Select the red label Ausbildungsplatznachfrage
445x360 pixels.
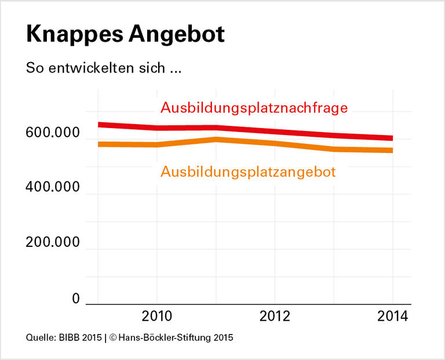coord(254,108)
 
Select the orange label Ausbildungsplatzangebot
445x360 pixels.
coord(248,172)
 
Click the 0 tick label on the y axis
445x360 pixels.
coord(75,299)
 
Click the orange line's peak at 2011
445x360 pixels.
coord(216,139)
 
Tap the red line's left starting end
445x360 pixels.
coord(99,124)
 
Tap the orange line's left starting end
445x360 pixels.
coord(99,144)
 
